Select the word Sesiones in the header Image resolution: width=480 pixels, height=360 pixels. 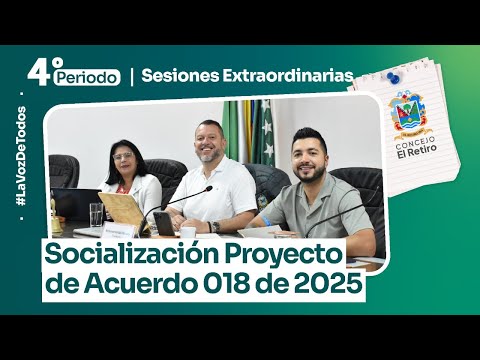pyautogui.click(x=176, y=75)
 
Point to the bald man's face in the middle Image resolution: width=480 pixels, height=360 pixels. pyautogui.click(x=212, y=141)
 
